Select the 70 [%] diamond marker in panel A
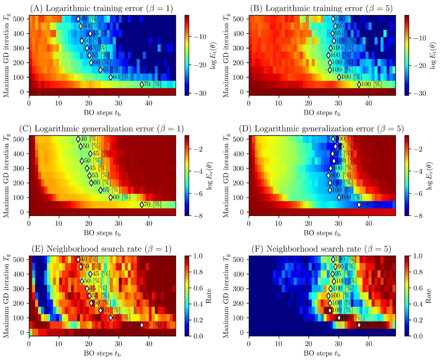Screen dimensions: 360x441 (x=142, y=84)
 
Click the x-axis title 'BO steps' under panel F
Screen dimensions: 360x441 (x=322, y=353)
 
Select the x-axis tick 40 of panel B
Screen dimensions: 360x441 (x=368, y=103)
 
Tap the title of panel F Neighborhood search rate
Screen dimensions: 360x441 (x=328, y=249)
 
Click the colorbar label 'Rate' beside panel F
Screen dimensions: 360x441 (x=428, y=296)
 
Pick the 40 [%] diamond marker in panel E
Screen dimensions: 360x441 (x=78, y=259)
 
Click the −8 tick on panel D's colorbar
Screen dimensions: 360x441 (x=418, y=216)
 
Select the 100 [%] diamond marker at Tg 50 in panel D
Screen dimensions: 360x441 (x=359, y=205)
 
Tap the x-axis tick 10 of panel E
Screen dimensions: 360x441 (x=59, y=344)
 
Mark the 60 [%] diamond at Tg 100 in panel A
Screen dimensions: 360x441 (x=111, y=77)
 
